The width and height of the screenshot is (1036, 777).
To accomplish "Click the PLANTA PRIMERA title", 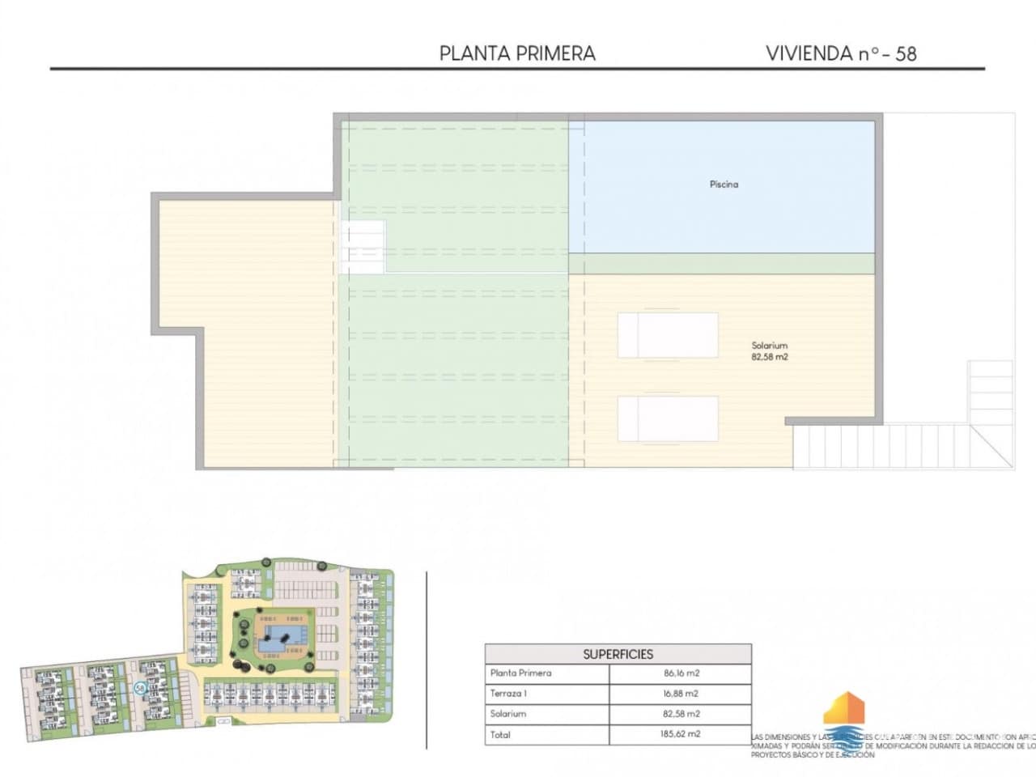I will [517, 53].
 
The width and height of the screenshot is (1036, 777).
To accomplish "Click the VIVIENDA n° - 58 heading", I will [840, 53].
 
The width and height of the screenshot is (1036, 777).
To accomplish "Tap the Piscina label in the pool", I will [724, 185].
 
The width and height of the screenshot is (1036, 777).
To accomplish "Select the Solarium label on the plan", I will [769, 346].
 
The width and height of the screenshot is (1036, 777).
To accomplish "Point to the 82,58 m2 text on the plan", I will [769, 357].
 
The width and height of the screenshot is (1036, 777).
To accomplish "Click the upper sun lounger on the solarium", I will [668, 335].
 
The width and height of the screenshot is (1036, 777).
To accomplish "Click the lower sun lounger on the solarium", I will [668, 418].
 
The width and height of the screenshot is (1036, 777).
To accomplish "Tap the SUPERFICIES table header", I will [618, 654].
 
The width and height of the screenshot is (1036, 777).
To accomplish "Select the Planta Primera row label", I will [520, 673].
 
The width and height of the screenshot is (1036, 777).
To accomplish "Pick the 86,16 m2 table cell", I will [681, 673].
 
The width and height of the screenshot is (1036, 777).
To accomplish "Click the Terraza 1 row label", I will [508, 694].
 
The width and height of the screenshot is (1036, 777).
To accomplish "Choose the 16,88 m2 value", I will [681, 694].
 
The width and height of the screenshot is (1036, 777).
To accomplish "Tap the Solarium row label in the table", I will [507, 714].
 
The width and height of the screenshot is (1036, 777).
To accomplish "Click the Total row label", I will [500, 735].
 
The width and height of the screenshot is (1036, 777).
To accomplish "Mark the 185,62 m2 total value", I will [681, 735].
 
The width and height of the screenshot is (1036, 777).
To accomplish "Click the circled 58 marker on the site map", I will [140, 687].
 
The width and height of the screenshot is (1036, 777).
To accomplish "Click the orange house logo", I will [844, 710].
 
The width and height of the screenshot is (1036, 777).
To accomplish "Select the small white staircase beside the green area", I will [362, 247].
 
